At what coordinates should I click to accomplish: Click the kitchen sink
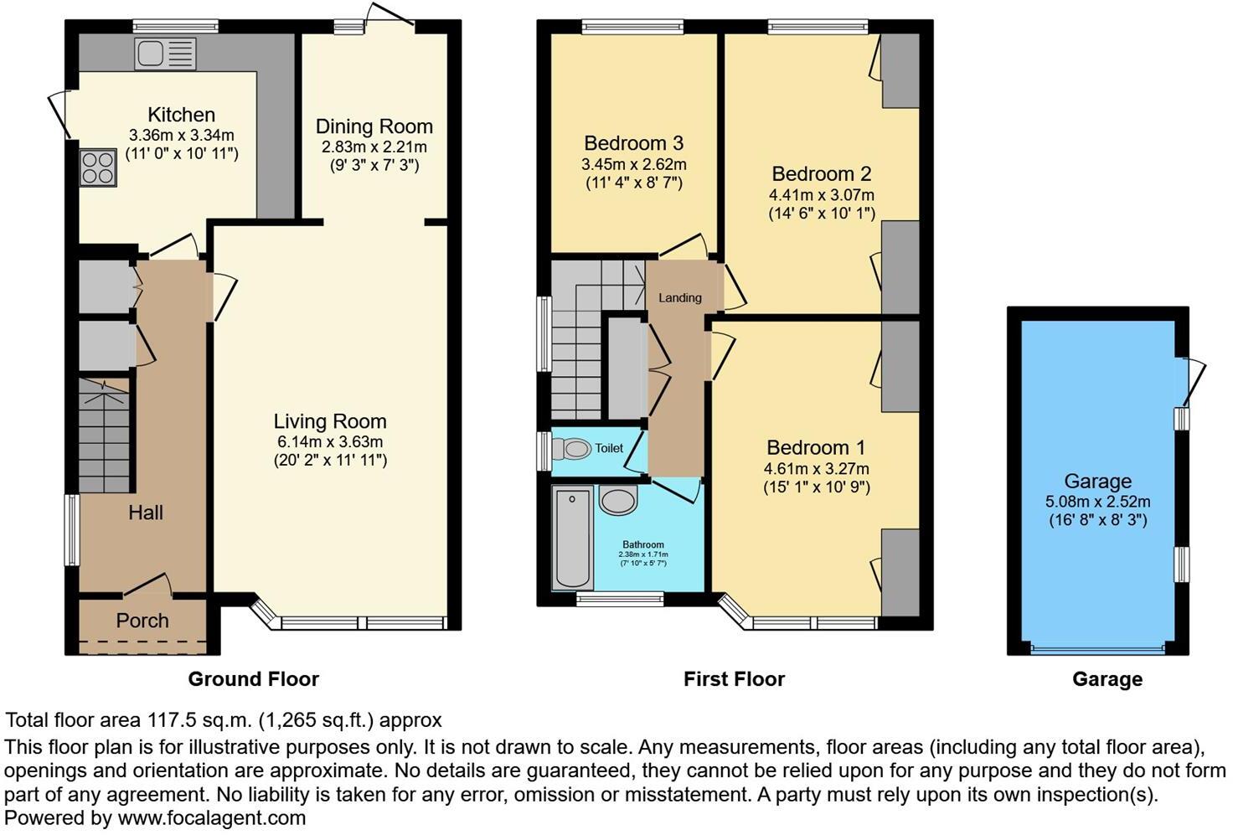[x=165, y=54]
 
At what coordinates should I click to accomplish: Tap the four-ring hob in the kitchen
[x=99, y=168]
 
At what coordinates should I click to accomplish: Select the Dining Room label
[x=374, y=126]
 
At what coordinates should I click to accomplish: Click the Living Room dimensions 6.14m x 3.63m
[x=330, y=441]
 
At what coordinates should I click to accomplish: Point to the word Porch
[x=142, y=621]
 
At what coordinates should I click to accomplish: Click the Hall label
[x=145, y=513]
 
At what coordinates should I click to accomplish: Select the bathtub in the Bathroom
[x=572, y=538]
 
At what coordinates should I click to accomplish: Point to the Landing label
[x=680, y=298]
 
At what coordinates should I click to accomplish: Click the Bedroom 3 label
[x=633, y=143]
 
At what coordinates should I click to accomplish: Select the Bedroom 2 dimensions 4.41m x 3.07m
[x=821, y=195]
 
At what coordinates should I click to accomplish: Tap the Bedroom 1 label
[x=816, y=447]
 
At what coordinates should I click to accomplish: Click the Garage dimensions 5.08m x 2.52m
[x=1097, y=502]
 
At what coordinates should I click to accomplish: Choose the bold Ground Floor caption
[x=253, y=679]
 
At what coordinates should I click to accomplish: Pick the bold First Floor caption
[x=735, y=679]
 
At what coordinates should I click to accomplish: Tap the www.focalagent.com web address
[x=211, y=818]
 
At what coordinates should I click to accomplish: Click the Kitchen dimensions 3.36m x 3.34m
[x=182, y=135]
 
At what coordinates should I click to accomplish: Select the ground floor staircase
[x=105, y=435]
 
